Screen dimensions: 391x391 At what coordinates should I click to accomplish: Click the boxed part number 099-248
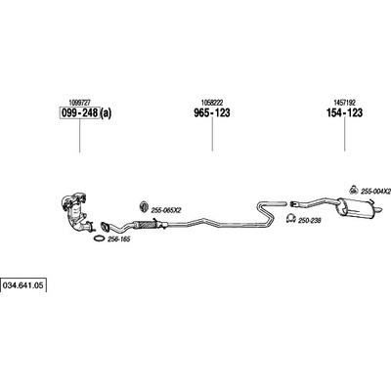coord(79,113)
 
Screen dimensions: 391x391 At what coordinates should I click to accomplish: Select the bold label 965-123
coord(212,113)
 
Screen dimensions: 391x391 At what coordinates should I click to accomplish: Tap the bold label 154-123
coord(344,113)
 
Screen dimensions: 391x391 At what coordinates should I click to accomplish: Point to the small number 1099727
coord(80,102)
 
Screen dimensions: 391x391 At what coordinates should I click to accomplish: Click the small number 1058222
coord(212,102)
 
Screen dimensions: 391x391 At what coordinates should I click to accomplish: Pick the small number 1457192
coord(345,102)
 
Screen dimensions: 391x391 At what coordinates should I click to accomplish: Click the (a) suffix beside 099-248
coord(106,113)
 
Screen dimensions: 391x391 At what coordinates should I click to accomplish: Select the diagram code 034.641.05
coord(22,285)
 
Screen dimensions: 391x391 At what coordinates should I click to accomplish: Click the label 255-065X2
coord(166,211)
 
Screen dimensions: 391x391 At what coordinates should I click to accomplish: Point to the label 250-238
coord(310,221)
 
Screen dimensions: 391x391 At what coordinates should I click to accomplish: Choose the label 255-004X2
coord(375,192)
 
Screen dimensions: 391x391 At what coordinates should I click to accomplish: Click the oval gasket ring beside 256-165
coord(99,239)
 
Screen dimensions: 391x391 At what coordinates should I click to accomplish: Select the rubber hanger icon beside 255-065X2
coord(144,207)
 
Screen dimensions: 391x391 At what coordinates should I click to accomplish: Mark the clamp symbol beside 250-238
coord(290,219)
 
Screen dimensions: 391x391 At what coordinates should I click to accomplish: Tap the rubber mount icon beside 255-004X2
coord(354,189)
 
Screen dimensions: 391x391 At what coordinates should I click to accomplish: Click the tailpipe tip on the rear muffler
coord(378,210)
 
